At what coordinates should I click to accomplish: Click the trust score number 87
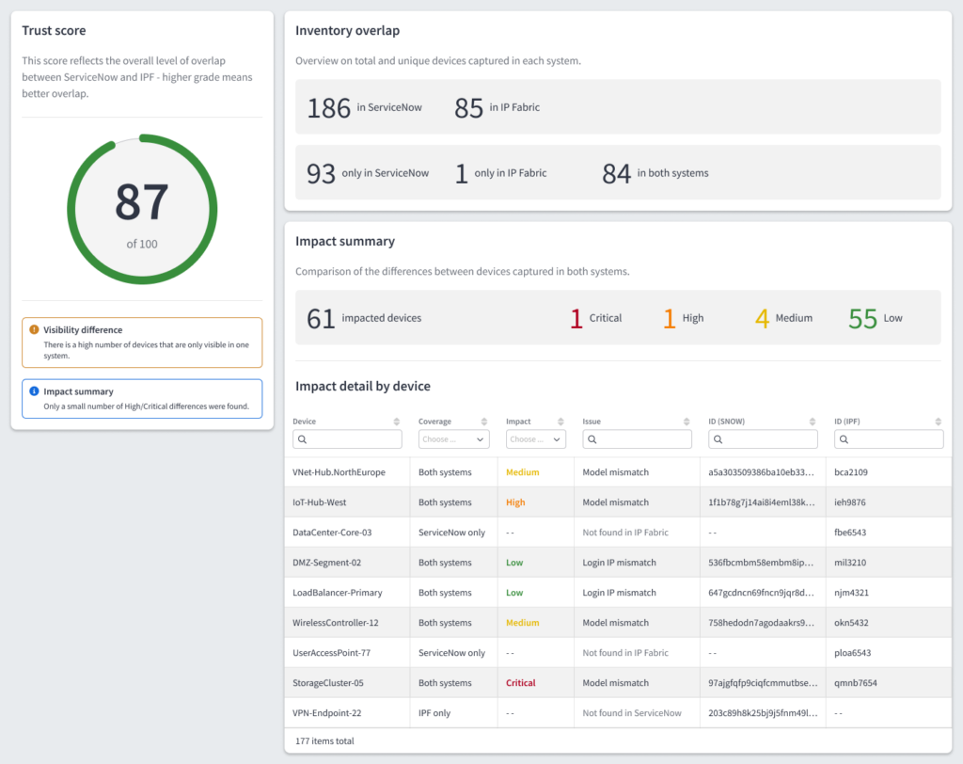point(142,201)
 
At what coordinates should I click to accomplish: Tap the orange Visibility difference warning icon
point(35,330)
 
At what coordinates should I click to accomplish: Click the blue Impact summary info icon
point(35,391)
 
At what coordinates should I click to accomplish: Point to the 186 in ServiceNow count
point(328,108)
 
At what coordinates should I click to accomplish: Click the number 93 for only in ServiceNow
point(321,174)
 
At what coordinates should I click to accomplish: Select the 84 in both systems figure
point(617,174)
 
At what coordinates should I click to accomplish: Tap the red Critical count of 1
point(576,319)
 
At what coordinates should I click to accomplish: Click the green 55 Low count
point(863,319)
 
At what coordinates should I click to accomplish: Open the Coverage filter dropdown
point(454,439)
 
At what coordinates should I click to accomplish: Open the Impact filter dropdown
point(535,439)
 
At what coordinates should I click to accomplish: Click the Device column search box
point(348,439)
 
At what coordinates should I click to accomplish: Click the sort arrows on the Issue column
point(687,422)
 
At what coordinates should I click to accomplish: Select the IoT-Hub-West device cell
point(320,502)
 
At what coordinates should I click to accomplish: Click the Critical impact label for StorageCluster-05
point(521,683)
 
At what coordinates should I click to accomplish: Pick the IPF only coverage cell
point(434,713)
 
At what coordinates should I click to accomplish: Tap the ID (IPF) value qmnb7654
point(856,683)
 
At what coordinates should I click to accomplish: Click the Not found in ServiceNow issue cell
point(632,713)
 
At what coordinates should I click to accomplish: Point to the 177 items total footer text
point(324,741)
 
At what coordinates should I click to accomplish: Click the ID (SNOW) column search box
point(764,439)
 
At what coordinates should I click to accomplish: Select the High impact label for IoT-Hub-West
point(515,502)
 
